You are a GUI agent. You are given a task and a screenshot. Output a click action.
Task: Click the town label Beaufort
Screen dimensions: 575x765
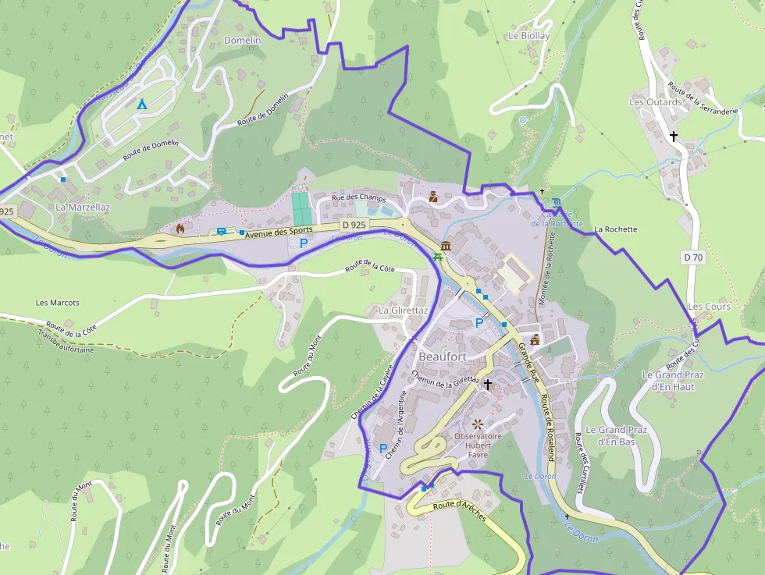pos(443,357)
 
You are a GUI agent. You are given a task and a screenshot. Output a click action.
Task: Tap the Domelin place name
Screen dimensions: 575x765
pos(242,40)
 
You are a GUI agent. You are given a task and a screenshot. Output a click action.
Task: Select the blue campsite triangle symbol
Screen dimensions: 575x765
pos(141,104)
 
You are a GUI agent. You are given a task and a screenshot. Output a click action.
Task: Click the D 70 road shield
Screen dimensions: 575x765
pos(693,257)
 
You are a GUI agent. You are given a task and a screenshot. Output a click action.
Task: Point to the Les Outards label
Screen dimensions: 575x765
pos(655,102)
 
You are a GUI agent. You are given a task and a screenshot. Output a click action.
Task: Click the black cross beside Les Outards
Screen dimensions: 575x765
pos(674,136)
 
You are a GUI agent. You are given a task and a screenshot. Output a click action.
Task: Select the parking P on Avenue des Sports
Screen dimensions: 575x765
pos(304,243)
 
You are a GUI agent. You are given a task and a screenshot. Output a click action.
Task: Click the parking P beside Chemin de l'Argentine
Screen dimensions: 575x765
pos(382,449)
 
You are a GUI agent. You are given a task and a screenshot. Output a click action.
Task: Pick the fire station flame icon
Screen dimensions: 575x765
pos(180,229)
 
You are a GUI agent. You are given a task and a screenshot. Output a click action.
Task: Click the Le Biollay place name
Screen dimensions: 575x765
pos(528,36)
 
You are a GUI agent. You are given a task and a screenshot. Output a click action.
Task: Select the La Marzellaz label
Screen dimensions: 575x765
pos(83,208)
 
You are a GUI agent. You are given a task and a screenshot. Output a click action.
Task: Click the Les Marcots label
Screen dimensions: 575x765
pos(57,303)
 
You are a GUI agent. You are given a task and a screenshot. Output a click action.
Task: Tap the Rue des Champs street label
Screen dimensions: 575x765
pos(359,199)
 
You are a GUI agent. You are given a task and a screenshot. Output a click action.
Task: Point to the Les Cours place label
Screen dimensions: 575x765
pos(709,307)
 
